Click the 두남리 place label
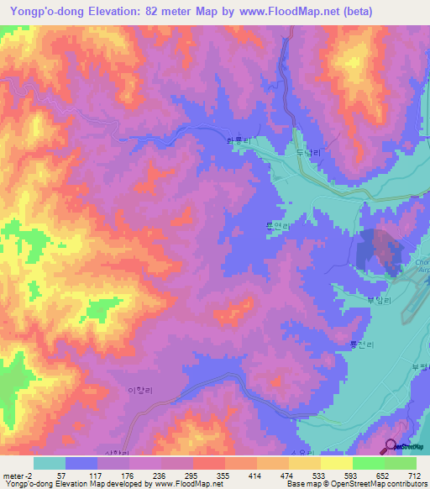tap(309, 153)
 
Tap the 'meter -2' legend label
tap(18, 476)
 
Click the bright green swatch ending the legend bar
tap(401, 463)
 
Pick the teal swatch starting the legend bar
tap(49, 463)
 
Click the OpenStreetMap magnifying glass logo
tap(392, 447)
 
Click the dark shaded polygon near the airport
tap(380, 250)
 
